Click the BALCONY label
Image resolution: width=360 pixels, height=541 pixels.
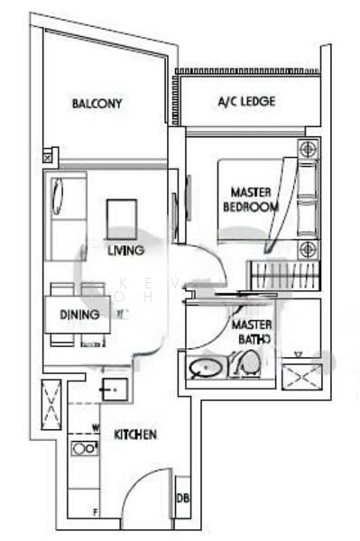pyautogui.click(x=97, y=104)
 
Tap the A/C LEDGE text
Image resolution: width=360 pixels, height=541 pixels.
pyautogui.click(x=246, y=102)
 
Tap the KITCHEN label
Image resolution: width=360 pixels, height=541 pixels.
pyautogui.click(x=136, y=435)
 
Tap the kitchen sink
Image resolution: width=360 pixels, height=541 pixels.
pyautogui.click(x=116, y=390)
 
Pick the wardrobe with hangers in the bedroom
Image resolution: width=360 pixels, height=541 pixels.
pyautogui.click(x=283, y=272)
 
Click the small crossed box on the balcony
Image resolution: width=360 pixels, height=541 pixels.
pyautogui.click(x=47, y=156)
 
